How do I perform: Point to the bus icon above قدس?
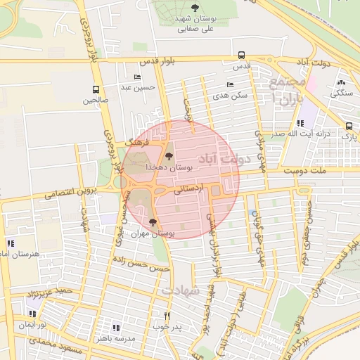pyautogui.click(x=241, y=55)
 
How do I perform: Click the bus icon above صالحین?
pyautogui.click(x=96, y=89)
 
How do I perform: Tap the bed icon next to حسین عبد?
pyautogui.click(x=136, y=77)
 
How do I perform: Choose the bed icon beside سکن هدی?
pyautogui.click(x=231, y=84)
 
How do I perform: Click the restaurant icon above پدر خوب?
pyautogui.click(x=167, y=316)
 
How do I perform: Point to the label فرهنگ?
pyautogui.click(x=133, y=141)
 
